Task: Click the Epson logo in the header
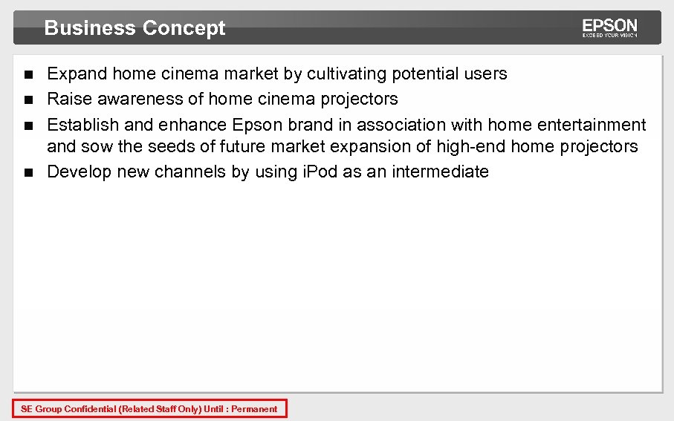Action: point(609,28)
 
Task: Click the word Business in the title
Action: point(90,28)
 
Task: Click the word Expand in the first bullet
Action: point(77,74)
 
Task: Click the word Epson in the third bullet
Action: point(256,125)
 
